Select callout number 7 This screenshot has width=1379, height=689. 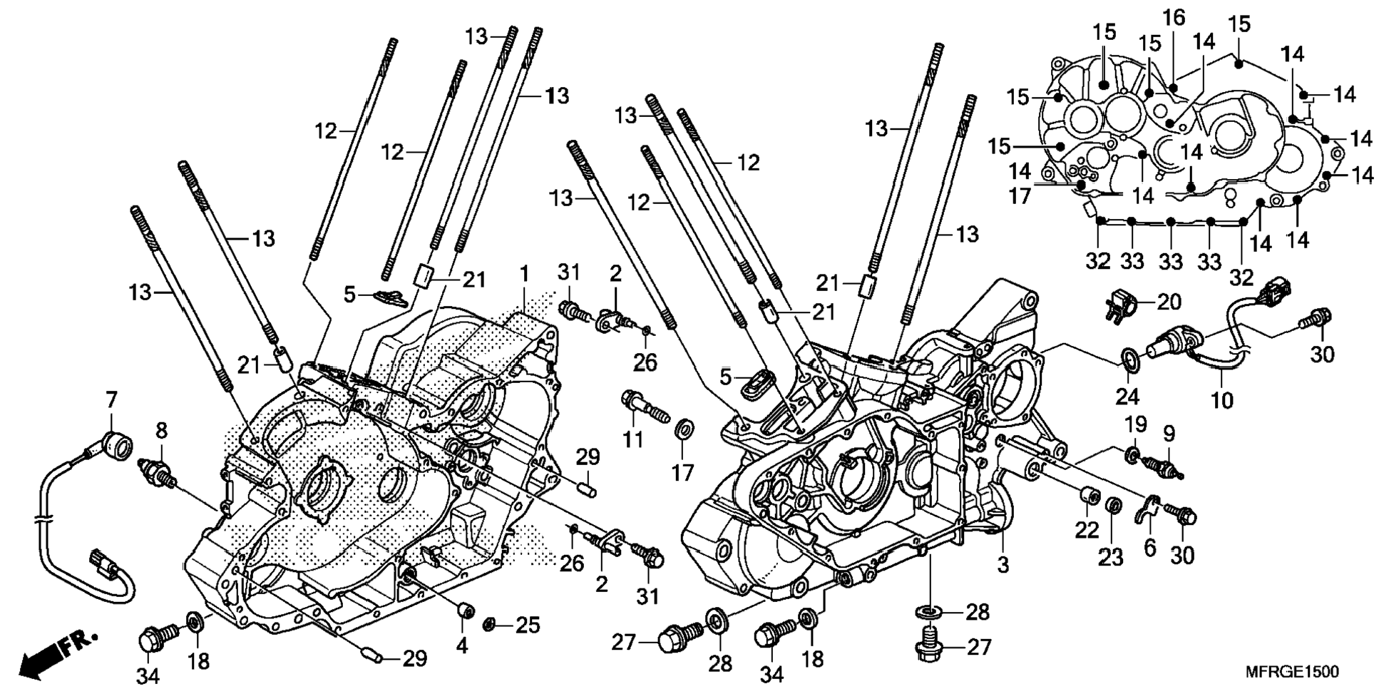(x=111, y=401)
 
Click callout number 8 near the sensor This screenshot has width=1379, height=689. (x=162, y=430)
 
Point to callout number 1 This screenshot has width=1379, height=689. (x=525, y=274)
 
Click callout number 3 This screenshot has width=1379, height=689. (x=1003, y=566)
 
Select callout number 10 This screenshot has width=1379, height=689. (x=1221, y=400)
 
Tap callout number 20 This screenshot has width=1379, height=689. (x=1169, y=302)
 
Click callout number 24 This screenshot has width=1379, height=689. (x=1127, y=396)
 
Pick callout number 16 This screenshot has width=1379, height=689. (x=1174, y=18)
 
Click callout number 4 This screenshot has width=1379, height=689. (x=462, y=646)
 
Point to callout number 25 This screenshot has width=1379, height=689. (x=528, y=626)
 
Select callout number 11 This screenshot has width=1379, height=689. (x=632, y=439)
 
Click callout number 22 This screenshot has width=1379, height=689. (x=1087, y=530)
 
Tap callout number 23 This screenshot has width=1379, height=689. (x=1111, y=557)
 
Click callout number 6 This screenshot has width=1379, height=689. (x=1149, y=548)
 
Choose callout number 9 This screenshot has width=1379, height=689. (x=1169, y=433)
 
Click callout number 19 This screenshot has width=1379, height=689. (x=1136, y=424)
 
